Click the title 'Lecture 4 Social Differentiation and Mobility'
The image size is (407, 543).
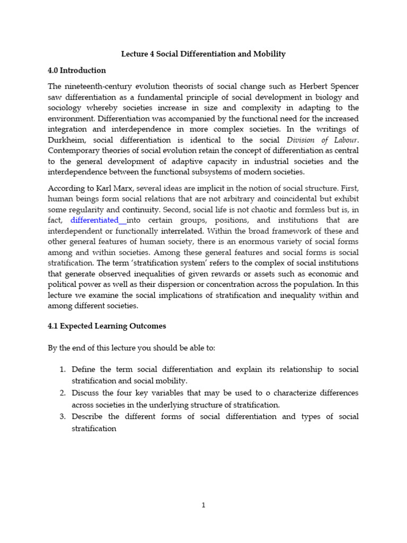tap(203, 54)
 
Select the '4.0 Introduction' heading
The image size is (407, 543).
tap(77, 70)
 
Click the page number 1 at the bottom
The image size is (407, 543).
tap(203, 505)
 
